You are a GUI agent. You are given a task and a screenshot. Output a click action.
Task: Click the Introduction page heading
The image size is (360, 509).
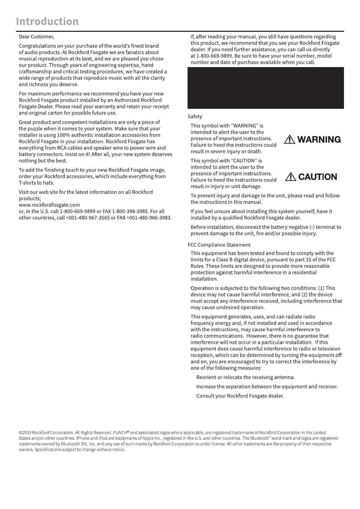[x=47, y=21]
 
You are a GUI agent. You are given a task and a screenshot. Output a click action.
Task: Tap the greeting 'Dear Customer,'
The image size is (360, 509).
[x=36, y=37]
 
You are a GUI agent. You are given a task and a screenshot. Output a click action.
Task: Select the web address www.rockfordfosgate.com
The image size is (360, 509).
[x=49, y=205]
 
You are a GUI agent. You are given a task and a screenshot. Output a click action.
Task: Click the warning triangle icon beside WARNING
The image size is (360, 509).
[x=290, y=140]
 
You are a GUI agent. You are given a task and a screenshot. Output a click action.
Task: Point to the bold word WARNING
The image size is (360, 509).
[x=319, y=140]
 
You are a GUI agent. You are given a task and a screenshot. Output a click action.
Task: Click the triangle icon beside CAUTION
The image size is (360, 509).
[x=290, y=177]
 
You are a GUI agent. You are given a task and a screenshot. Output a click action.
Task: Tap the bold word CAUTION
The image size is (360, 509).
[x=317, y=177]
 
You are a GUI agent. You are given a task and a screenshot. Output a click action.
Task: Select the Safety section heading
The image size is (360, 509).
[x=195, y=117]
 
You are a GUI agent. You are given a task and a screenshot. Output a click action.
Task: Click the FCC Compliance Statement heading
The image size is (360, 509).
[x=219, y=245]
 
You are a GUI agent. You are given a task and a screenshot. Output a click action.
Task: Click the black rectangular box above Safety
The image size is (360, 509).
[x=266, y=88]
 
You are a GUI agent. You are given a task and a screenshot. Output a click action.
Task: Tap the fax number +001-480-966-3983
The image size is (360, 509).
[x=149, y=218]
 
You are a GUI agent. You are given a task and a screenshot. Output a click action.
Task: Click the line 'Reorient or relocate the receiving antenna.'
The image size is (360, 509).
[x=245, y=378]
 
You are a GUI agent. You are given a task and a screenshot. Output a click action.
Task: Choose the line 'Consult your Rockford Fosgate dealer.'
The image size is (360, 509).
[x=240, y=396]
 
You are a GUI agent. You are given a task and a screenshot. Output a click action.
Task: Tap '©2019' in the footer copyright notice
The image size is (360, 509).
[x=25, y=433]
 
